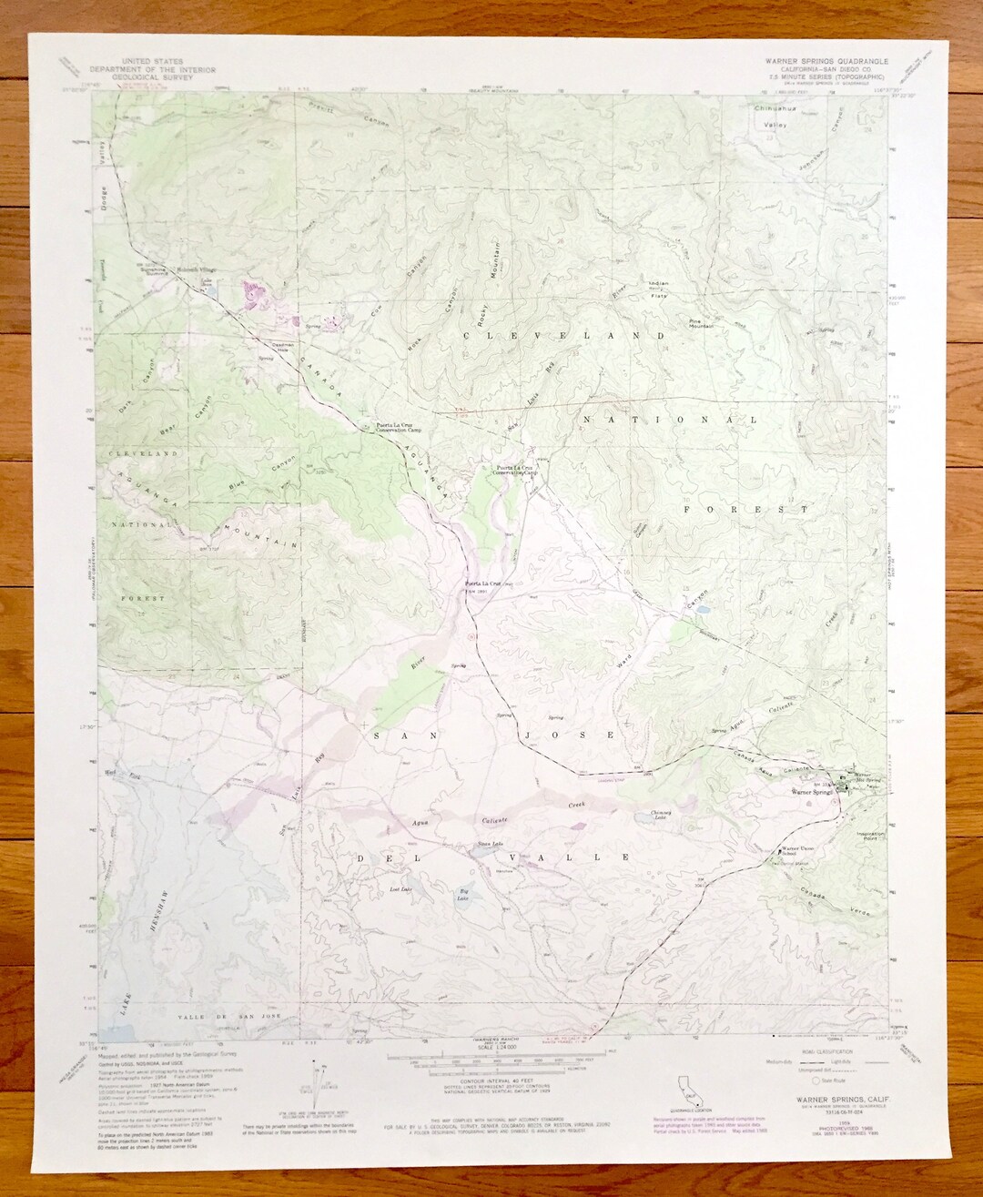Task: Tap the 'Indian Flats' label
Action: (658, 289)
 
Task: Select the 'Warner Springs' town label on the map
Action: (813, 793)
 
